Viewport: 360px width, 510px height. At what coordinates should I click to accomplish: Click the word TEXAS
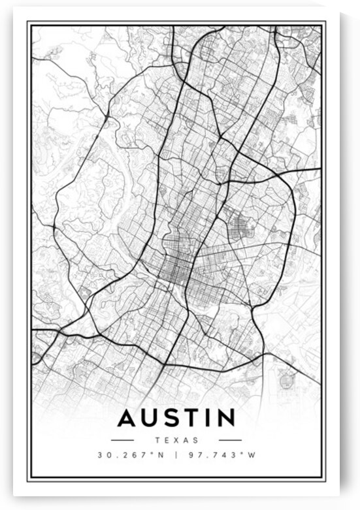pyautogui.click(x=178, y=440)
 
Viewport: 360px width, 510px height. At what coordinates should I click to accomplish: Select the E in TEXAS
pyautogui.click(x=169, y=440)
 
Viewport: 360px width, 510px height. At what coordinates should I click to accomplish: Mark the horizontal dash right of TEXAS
pyautogui.click(x=230, y=440)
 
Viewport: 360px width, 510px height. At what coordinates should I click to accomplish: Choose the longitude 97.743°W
pyautogui.click(x=221, y=455)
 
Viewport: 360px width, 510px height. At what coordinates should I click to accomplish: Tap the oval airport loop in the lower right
pyautogui.click(x=286, y=378)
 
